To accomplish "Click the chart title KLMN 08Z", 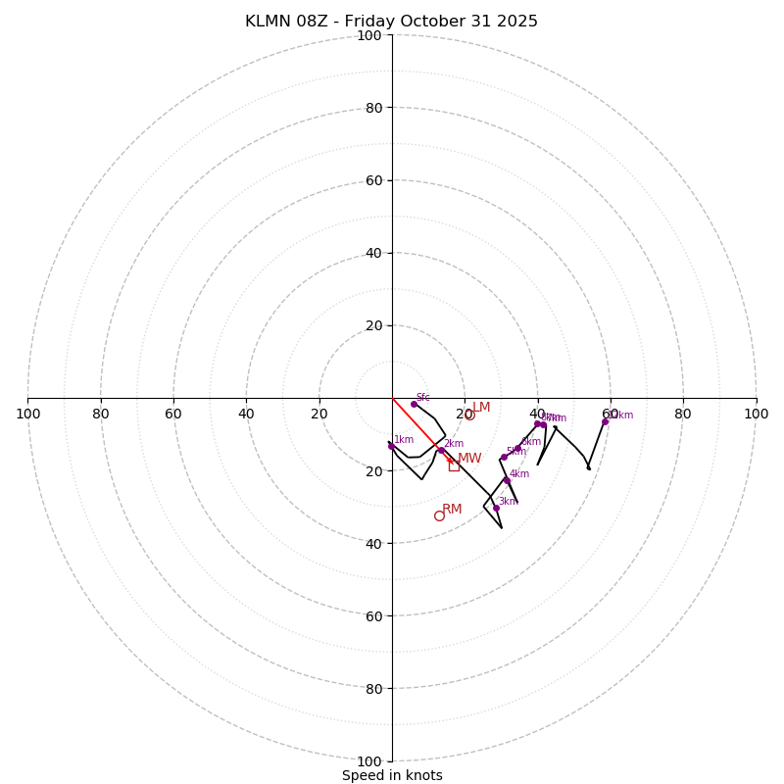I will pyautogui.click(x=391, y=22).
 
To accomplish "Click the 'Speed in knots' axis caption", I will pyautogui.click(x=392, y=775).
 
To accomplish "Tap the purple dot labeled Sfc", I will pyautogui.click(x=414, y=404).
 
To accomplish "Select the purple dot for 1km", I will pyautogui.click(x=391, y=446).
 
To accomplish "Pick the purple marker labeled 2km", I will pyautogui.click(x=441, y=450).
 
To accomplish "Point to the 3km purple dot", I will pyautogui.click(x=496, y=508).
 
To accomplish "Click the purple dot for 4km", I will pyautogui.click(x=507, y=480).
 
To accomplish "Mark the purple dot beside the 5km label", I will pyautogui.click(x=504, y=457).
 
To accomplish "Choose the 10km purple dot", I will pyautogui.click(x=605, y=421).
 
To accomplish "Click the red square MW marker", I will pyautogui.click(x=454, y=465).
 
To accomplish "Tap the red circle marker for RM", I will pyautogui.click(x=439, y=515).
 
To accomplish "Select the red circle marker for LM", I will pyautogui.click(x=469, y=415).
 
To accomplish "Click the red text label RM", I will pyautogui.click(x=452, y=509).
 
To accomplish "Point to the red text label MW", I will pyautogui.click(x=469, y=458).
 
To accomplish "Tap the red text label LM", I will pyautogui.click(x=481, y=407).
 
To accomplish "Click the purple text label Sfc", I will pyautogui.click(x=422, y=397).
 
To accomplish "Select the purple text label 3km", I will pyautogui.click(x=508, y=501).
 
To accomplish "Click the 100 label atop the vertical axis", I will pyautogui.click(x=369, y=36).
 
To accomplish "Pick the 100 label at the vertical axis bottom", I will pyautogui.click(x=369, y=761).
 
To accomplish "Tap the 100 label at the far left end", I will pyautogui.click(x=28, y=414).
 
